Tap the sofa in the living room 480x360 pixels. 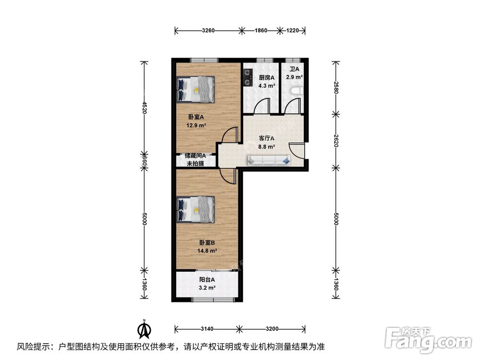tap(269, 160)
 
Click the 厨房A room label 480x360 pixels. tap(266, 78)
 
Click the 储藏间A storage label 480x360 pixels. tap(195, 156)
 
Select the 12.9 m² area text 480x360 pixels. tap(196, 126)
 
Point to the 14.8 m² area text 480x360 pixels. tap(207, 251)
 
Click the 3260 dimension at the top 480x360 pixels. tap(208, 31)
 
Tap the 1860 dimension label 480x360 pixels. tap(261, 31)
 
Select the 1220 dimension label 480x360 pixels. tap(293, 31)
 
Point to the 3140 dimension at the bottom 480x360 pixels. tap(207, 329)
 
